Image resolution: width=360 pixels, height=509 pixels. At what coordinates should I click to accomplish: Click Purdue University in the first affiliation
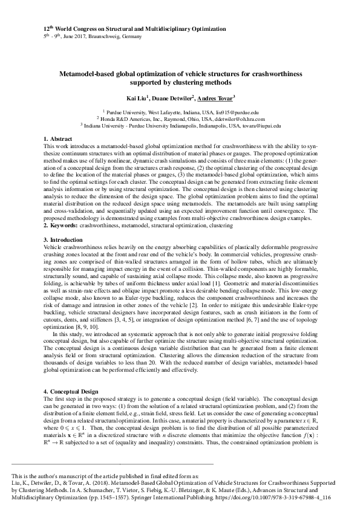click(126, 112)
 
